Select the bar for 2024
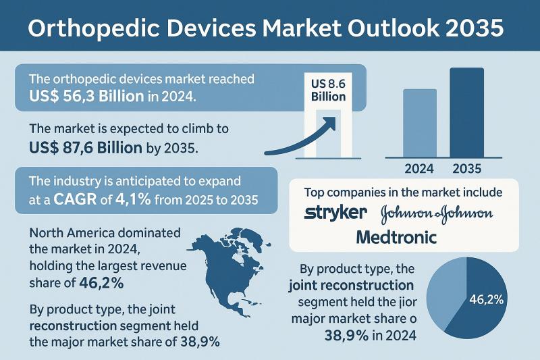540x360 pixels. point(420,122)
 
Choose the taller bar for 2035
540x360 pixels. point(466,111)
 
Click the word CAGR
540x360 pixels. point(64,200)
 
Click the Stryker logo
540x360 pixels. point(336,213)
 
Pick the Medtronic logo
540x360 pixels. point(396,237)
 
